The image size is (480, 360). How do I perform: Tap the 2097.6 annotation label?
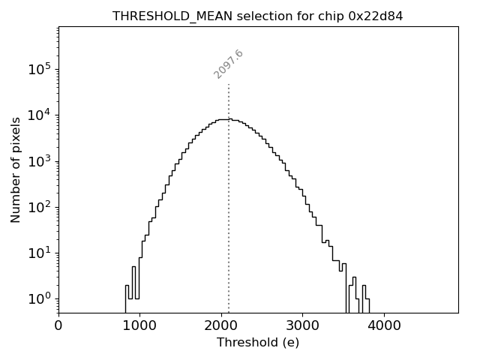point(229,64)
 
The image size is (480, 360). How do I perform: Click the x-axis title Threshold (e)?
point(258,343)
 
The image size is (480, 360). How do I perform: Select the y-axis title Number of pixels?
point(16,169)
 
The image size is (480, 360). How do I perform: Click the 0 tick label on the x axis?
point(58,326)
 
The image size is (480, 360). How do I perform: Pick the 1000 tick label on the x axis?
point(139,326)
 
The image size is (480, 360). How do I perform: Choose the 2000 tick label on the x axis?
point(221,326)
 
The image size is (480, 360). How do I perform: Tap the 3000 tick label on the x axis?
point(302,326)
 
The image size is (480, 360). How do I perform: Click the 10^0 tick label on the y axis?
point(39,298)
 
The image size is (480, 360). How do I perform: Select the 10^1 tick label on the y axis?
point(39,253)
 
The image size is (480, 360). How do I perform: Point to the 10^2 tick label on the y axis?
point(39,207)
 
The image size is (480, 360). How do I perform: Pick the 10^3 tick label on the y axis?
point(39,161)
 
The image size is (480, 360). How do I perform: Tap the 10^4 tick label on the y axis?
point(39,115)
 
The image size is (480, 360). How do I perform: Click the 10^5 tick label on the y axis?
point(39,70)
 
